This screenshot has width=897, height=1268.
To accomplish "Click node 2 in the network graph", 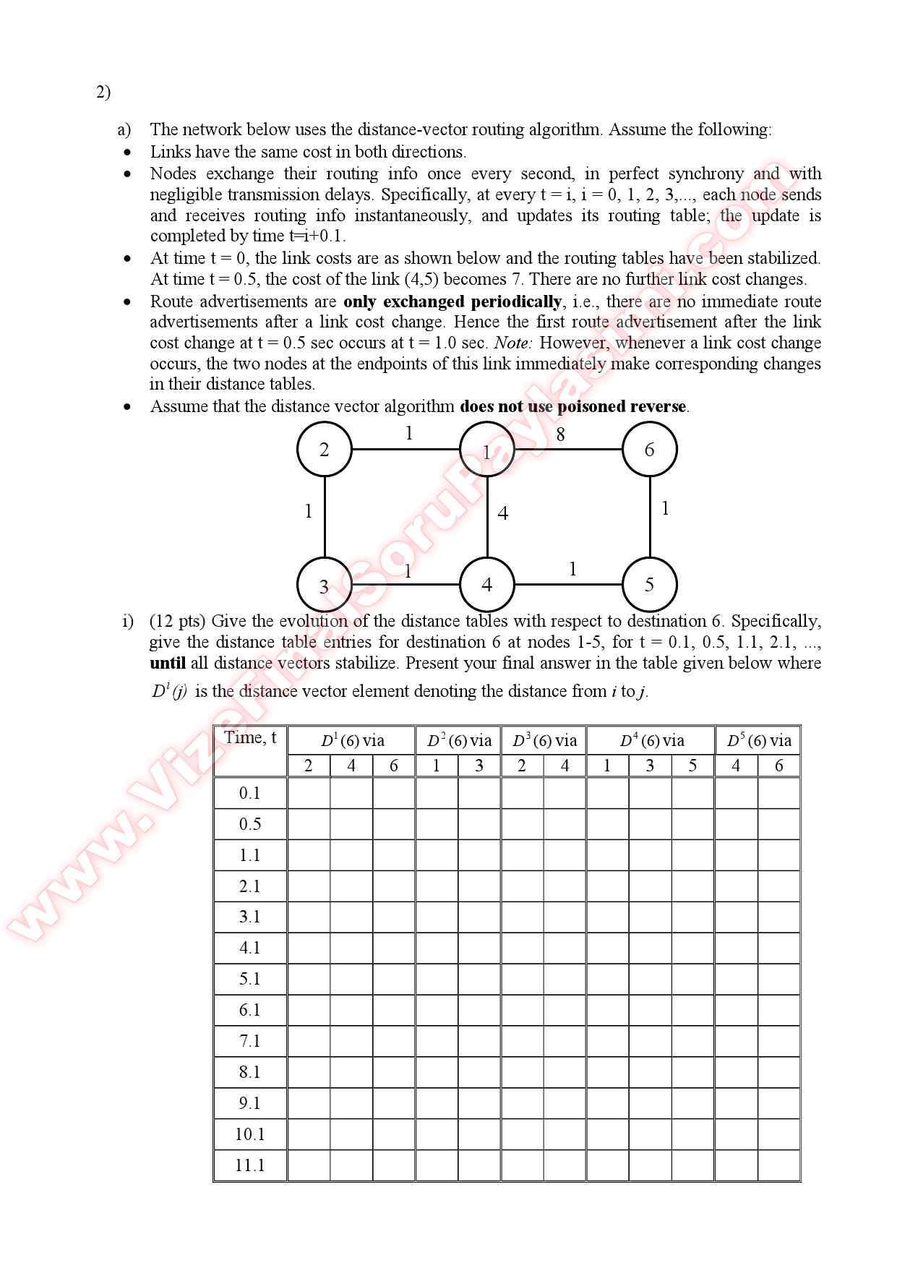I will click(x=324, y=449).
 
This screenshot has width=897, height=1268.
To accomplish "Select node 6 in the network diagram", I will click(x=649, y=449).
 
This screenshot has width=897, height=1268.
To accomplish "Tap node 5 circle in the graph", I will click(x=649, y=584).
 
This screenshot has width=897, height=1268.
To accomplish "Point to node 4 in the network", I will click(x=486, y=584).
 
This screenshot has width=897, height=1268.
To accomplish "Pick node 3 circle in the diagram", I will click(x=324, y=586).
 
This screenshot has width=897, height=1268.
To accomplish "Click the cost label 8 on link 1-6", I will click(x=560, y=434).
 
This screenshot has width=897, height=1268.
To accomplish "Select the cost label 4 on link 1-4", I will click(x=503, y=513).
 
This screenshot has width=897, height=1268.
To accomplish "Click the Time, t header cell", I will click(x=250, y=738).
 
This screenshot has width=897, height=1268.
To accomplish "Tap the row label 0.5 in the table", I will click(x=250, y=824).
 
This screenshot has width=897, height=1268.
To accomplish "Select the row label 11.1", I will click(x=250, y=1165).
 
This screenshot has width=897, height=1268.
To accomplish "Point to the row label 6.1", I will click(x=250, y=1010).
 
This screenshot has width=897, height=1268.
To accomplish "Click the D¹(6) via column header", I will click(x=352, y=740).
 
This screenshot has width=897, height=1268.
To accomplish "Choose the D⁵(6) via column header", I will click(x=758, y=740).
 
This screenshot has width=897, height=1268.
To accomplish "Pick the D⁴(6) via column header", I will click(x=651, y=740).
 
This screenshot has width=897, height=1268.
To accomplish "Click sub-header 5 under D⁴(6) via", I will click(x=692, y=766).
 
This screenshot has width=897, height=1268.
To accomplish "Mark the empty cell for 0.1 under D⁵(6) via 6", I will click(x=778, y=793).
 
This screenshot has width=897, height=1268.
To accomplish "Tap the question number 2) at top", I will click(x=103, y=92).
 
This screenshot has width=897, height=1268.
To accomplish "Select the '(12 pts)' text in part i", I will click(x=178, y=621).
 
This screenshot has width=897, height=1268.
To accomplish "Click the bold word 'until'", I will click(x=168, y=663).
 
